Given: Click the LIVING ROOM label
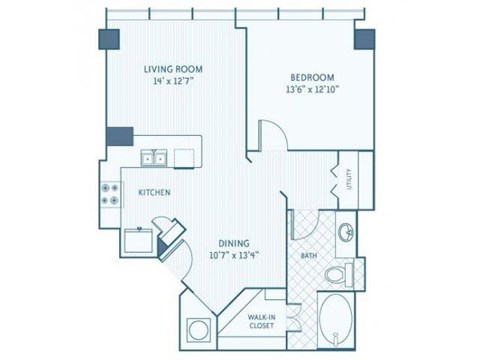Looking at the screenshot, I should [173, 69].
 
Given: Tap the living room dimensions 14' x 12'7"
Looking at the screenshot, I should [173, 83].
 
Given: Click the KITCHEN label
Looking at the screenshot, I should [153, 191].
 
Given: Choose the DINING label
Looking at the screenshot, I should [235, 241].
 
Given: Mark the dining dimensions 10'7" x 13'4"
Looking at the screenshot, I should [235, 254].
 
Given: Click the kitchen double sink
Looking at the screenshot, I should [154, 157].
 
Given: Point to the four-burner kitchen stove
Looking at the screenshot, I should [107, 195].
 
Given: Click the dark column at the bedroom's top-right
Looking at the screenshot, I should [365, 41].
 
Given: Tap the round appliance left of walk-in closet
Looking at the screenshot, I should [195, 329].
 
